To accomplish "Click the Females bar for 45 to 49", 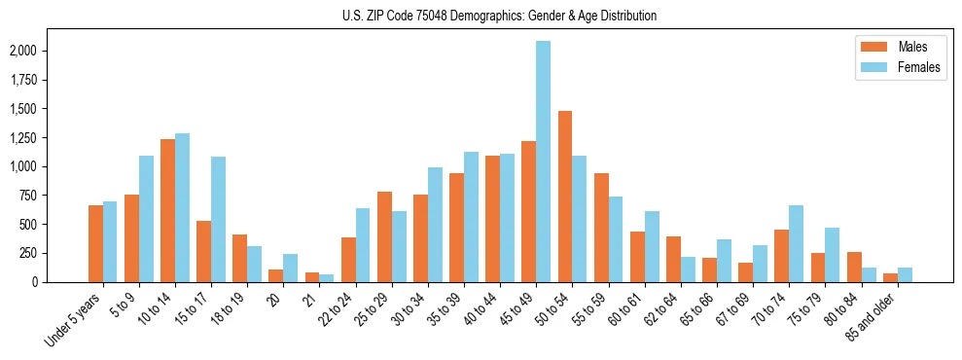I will pos(543,162).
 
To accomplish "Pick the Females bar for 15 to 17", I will pos(218,219).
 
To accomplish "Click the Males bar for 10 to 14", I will pos(167,210).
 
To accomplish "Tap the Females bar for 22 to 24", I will pos(363,245).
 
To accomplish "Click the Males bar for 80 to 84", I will pos(853,267).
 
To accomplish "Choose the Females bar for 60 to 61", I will pos(652,246).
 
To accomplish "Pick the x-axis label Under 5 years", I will pos(74,319).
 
